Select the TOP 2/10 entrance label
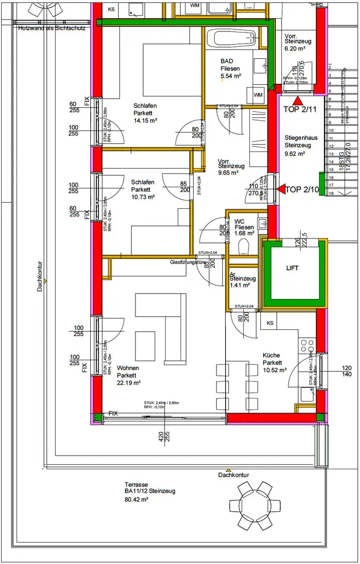pos(303,190)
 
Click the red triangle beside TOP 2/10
pos(280,189)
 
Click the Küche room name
pos(272,356)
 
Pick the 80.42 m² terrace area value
pos(137,500)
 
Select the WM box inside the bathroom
pos(258,95)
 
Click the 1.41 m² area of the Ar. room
pos(239,286)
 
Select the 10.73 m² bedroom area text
pos(143,197)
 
